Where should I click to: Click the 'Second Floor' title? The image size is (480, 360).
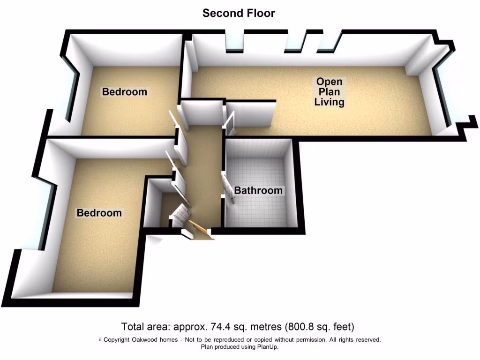point(239,13)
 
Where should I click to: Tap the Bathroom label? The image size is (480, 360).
point(258,190)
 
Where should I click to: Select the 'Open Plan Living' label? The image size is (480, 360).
point(329,91)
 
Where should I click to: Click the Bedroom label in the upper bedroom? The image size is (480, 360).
point(125,92)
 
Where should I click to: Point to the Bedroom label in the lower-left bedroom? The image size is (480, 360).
point(99,213)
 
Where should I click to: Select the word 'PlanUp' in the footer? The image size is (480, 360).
point(267,347)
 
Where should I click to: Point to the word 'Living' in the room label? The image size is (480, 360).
point(329,102)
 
